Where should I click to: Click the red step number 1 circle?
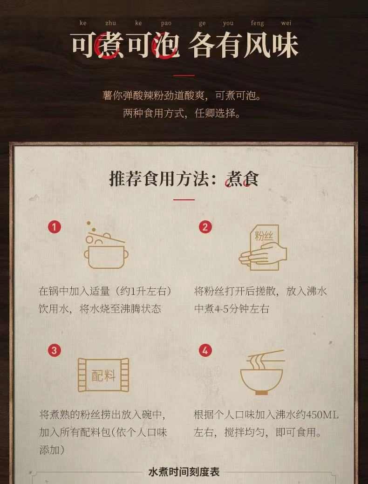tap(55, 227)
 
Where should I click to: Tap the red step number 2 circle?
tap(205, 227)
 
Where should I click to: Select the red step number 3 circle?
tap(55, 350)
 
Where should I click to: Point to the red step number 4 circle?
tap(205, 350)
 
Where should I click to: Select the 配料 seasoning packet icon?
tap(103, 375)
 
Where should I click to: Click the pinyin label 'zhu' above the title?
tap(111, 23)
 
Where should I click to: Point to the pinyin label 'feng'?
tap(257, 23)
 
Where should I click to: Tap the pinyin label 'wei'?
tap(286, 23)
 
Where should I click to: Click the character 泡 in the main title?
tap(166, 46)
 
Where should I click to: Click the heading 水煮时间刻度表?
tap(184, 472)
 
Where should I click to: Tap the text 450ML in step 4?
tap(321, 415)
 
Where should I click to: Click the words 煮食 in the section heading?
tap(242, 178)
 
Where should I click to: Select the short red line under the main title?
tap(184, 75)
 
